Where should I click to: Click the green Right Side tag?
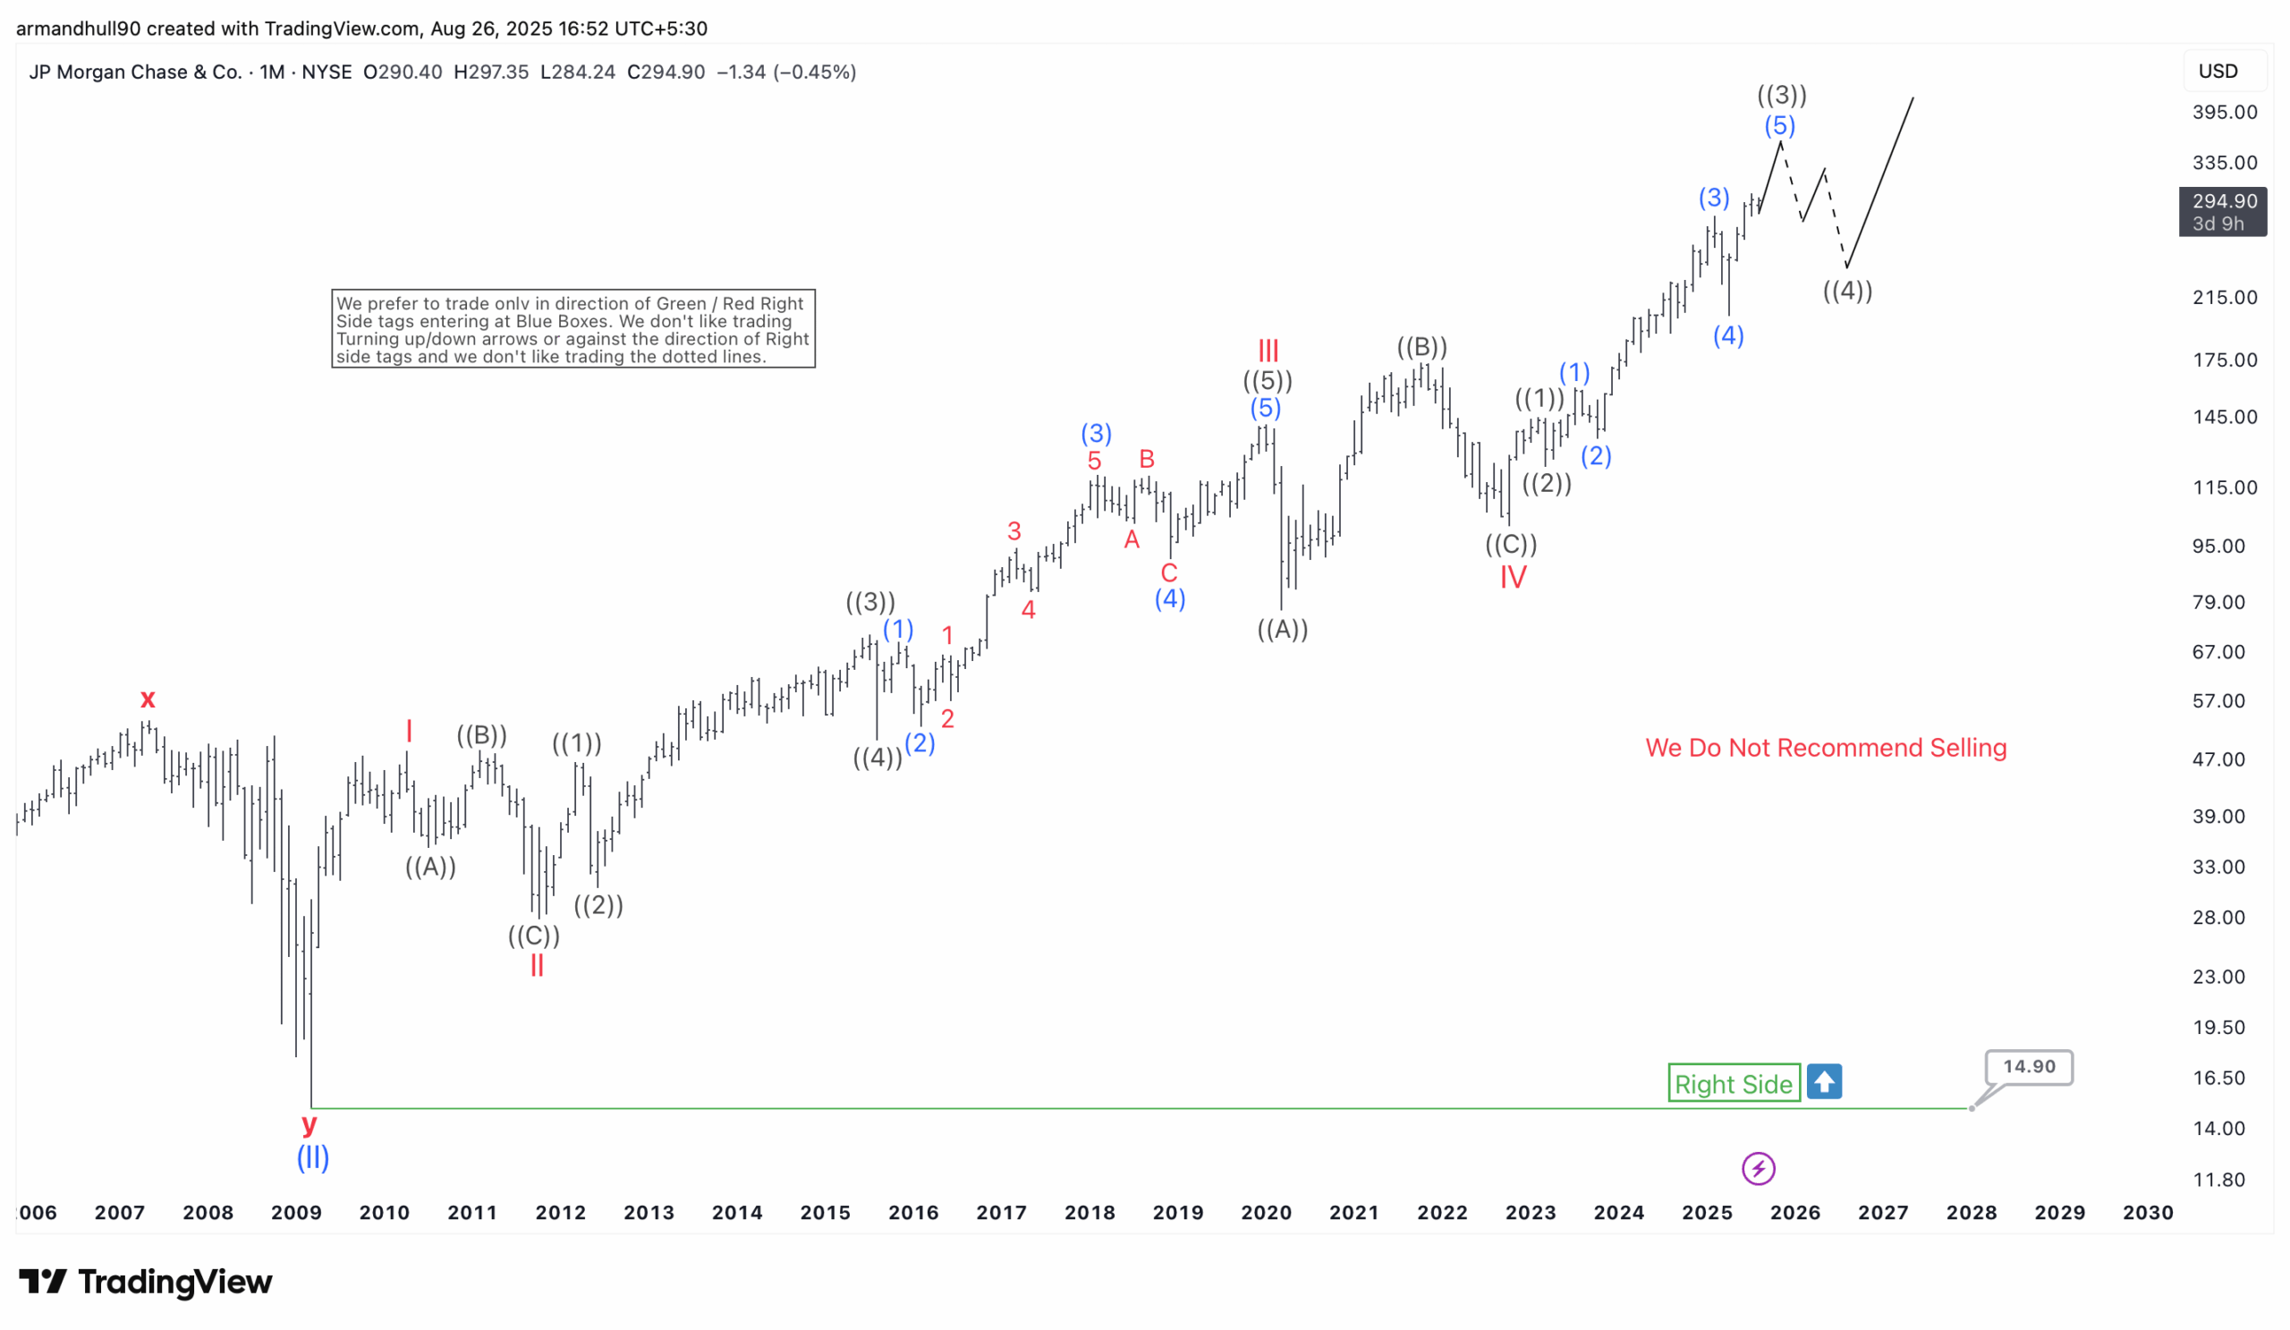pos(1733,1083)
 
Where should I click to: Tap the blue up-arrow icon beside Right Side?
pos(1823,1081)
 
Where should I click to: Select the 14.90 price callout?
pos(2027,1066)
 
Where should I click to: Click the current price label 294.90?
pos(2222,201)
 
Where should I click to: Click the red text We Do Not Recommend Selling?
pos(1825,748)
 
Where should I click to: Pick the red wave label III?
pos(1268,350)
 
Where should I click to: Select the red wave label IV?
pos(1512,577)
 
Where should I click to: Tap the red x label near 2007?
pos(148,699)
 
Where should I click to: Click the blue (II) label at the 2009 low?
pos(312,1157)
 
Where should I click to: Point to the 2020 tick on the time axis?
pos(1265,1212)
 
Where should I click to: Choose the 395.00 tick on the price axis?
pos(2224,113)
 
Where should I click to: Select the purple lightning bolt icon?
pos(1758,1168)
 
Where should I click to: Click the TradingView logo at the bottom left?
pos(146,1282)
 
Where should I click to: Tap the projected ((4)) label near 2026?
pos(1846,292)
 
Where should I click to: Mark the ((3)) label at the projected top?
pos(1780,95)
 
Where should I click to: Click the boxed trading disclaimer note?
pos(572,329)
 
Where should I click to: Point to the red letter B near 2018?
pos(1146,459)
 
